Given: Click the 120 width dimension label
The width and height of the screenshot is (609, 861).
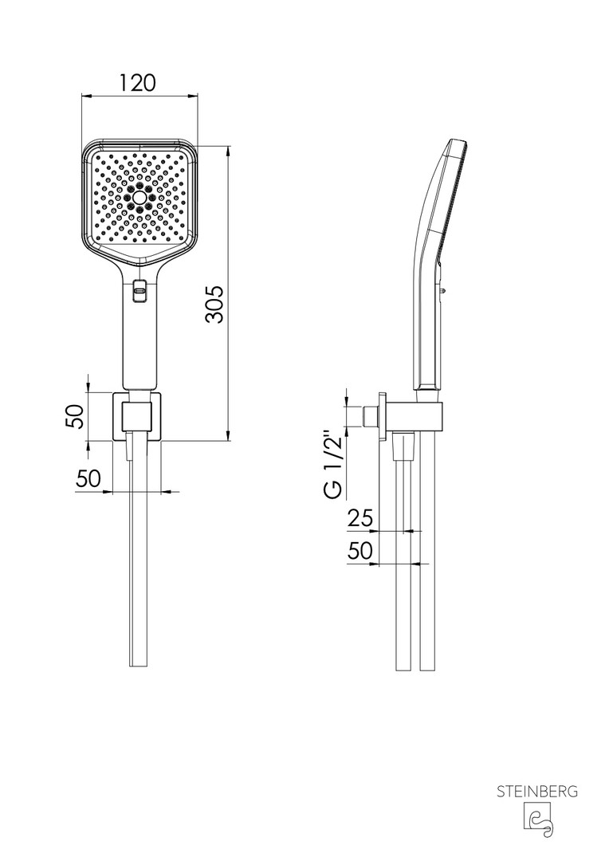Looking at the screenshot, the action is coord(139,83).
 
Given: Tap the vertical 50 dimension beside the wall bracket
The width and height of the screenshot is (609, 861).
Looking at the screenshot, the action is coord(75,417).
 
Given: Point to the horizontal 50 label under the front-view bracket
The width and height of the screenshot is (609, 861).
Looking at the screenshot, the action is coord(88,479).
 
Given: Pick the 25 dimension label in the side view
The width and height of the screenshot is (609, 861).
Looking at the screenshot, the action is coord(360,518).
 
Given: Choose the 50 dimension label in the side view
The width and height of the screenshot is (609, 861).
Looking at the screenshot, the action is coord(360,550).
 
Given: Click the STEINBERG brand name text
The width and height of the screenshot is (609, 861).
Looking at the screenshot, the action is coord(537,792).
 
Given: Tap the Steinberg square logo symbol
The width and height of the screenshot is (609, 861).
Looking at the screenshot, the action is coord(537,820).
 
